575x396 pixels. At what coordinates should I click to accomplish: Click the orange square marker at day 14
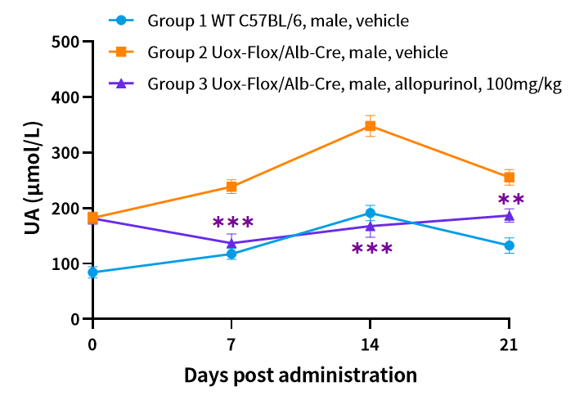tap(371, 126)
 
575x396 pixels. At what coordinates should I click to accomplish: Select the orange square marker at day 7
tap(231, 187)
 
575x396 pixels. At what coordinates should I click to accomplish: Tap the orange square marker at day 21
tap(510, 178)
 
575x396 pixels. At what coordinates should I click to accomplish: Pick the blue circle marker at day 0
tap(93, 272)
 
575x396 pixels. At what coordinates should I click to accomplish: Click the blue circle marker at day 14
tap(371, 214)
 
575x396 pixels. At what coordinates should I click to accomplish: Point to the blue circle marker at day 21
tap(510, 245)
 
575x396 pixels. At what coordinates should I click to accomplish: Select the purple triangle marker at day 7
tap(231, 243)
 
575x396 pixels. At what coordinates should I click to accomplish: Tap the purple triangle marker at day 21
tap(510, 215)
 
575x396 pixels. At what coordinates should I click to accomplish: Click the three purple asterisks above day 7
tap(233, 223)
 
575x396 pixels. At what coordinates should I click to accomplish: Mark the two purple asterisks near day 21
tap(511, 200)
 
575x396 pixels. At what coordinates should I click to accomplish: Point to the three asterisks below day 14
tap(372, 250)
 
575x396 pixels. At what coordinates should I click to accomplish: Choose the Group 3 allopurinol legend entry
tap(335, 84)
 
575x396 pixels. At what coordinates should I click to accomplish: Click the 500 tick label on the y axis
tap(65, 42)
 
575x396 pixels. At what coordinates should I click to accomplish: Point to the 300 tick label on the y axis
tap(65, 153)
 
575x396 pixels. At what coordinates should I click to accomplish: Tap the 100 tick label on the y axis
tap(65, 264)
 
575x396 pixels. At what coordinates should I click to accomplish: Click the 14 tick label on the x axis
tap(371, 345)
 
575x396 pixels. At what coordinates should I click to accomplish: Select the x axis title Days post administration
tap(300, 376)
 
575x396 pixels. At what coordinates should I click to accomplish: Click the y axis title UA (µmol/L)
tap(33, 180)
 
